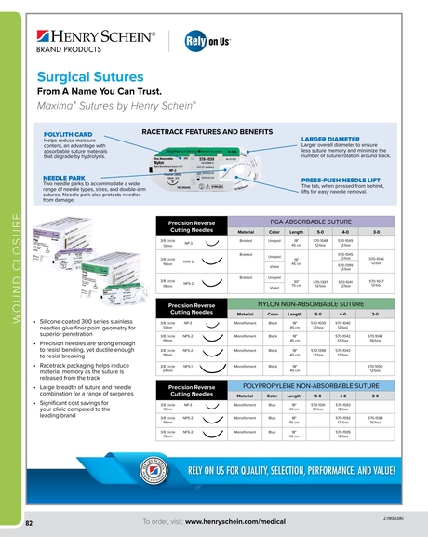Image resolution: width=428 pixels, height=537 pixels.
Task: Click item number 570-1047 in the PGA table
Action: click(x=375, y=280)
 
